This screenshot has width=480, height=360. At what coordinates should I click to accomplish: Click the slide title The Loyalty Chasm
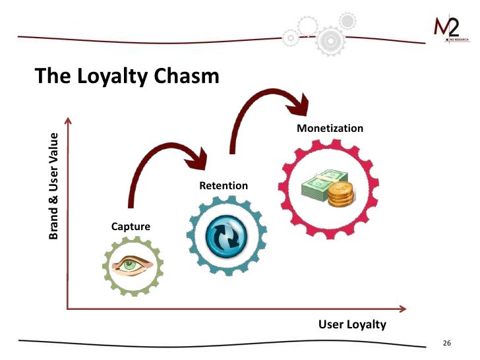pyautogui.click(x=127, y=76)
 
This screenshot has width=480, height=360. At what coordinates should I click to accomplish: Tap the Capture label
pyautogui.click(x=131, y=227)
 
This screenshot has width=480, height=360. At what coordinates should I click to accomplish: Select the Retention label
pyautogui.click(x=224, y=186)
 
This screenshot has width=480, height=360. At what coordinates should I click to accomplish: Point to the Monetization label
pyautogui.click(x=330, y=128)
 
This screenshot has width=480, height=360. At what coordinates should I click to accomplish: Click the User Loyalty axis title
pyautogui.click(x=352, y=324)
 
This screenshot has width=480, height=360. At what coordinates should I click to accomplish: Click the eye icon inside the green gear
pyautogui.click(x=132, y=265)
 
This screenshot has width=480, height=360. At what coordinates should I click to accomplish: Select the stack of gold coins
pyautogui.click(x=341, y=193)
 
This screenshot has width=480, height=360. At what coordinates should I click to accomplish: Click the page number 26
pyautogui.click(x=446, y=344)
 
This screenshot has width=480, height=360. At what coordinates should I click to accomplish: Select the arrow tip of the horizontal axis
pyautogui.click(x=404, y=307)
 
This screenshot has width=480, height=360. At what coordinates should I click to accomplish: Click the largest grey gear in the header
pyautogui.click(x=330, y=41)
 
